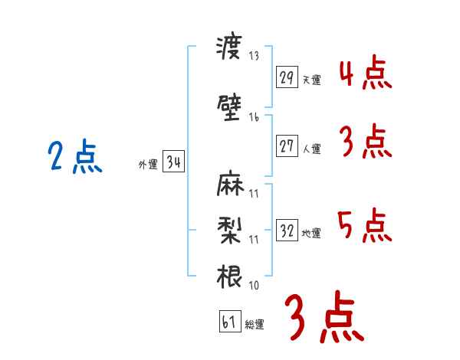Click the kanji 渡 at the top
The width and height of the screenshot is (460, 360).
tap(229, 47)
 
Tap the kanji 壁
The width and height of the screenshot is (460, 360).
tap(229, 107)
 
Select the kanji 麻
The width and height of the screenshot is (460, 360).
tap(230, 183)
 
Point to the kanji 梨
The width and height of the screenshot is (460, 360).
tap(230, 231)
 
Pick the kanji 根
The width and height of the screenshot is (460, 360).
tap(229, 277)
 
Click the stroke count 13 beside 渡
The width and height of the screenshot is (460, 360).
tap(254, 55)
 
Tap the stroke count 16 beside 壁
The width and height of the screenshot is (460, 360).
tap(254, 117)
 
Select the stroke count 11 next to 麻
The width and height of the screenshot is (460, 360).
tap(254, 194)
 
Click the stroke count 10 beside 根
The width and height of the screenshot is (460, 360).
tap(254, 285)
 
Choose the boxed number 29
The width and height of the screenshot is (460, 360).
tap(287, 77)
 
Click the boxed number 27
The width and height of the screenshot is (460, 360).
tap(287, 146)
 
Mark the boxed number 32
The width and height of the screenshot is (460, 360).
tap(287, 230)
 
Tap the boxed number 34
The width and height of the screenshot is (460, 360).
tap(174, 162)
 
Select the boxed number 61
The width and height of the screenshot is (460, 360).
tap(230, 321)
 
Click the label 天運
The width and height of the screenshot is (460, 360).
tap(312, 80)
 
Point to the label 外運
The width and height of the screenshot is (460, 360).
tap(148, 165)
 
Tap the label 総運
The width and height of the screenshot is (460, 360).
tap(255, 324)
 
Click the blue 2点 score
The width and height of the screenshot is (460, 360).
tap(75, 155)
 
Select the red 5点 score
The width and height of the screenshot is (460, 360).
tap(365, 225)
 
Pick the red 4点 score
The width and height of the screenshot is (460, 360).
tap(366, 72)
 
